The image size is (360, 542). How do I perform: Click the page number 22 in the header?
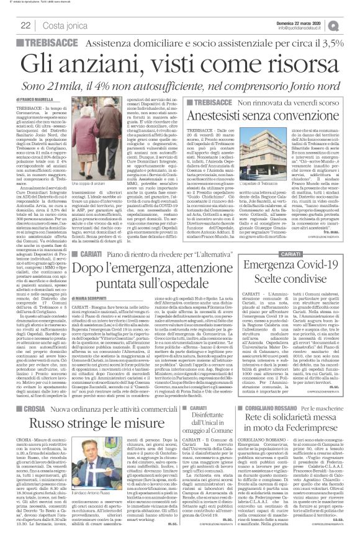tap(26, 25)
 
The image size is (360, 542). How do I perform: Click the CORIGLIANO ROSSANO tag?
tap(287, 409)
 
